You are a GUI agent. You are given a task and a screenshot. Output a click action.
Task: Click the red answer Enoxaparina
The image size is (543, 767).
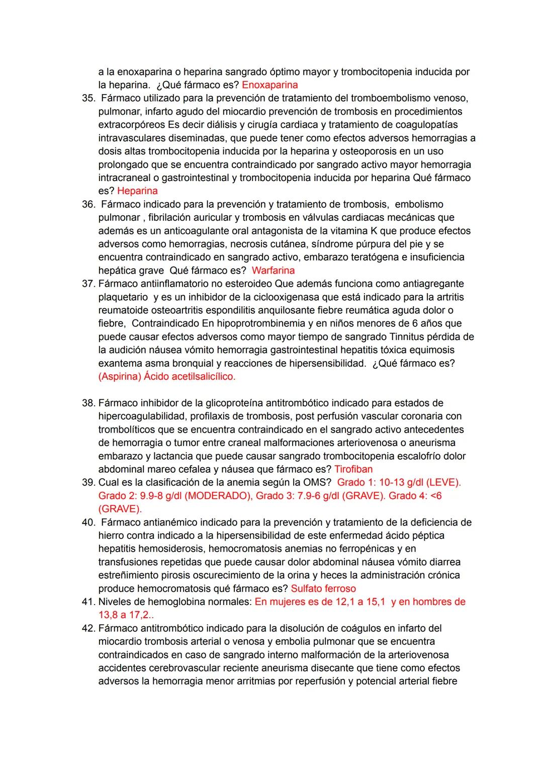(269, 85)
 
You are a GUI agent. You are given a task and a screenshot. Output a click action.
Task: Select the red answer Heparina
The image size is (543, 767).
(137, 191)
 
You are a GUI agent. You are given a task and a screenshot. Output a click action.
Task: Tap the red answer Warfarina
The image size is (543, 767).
(273, 270)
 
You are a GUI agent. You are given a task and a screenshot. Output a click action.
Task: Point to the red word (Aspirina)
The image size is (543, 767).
(120, 376)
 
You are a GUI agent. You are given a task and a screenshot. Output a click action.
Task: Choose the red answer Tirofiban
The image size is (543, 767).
(353, 469)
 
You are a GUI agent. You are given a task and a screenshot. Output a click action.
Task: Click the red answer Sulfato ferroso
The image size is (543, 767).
(323, 588)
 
